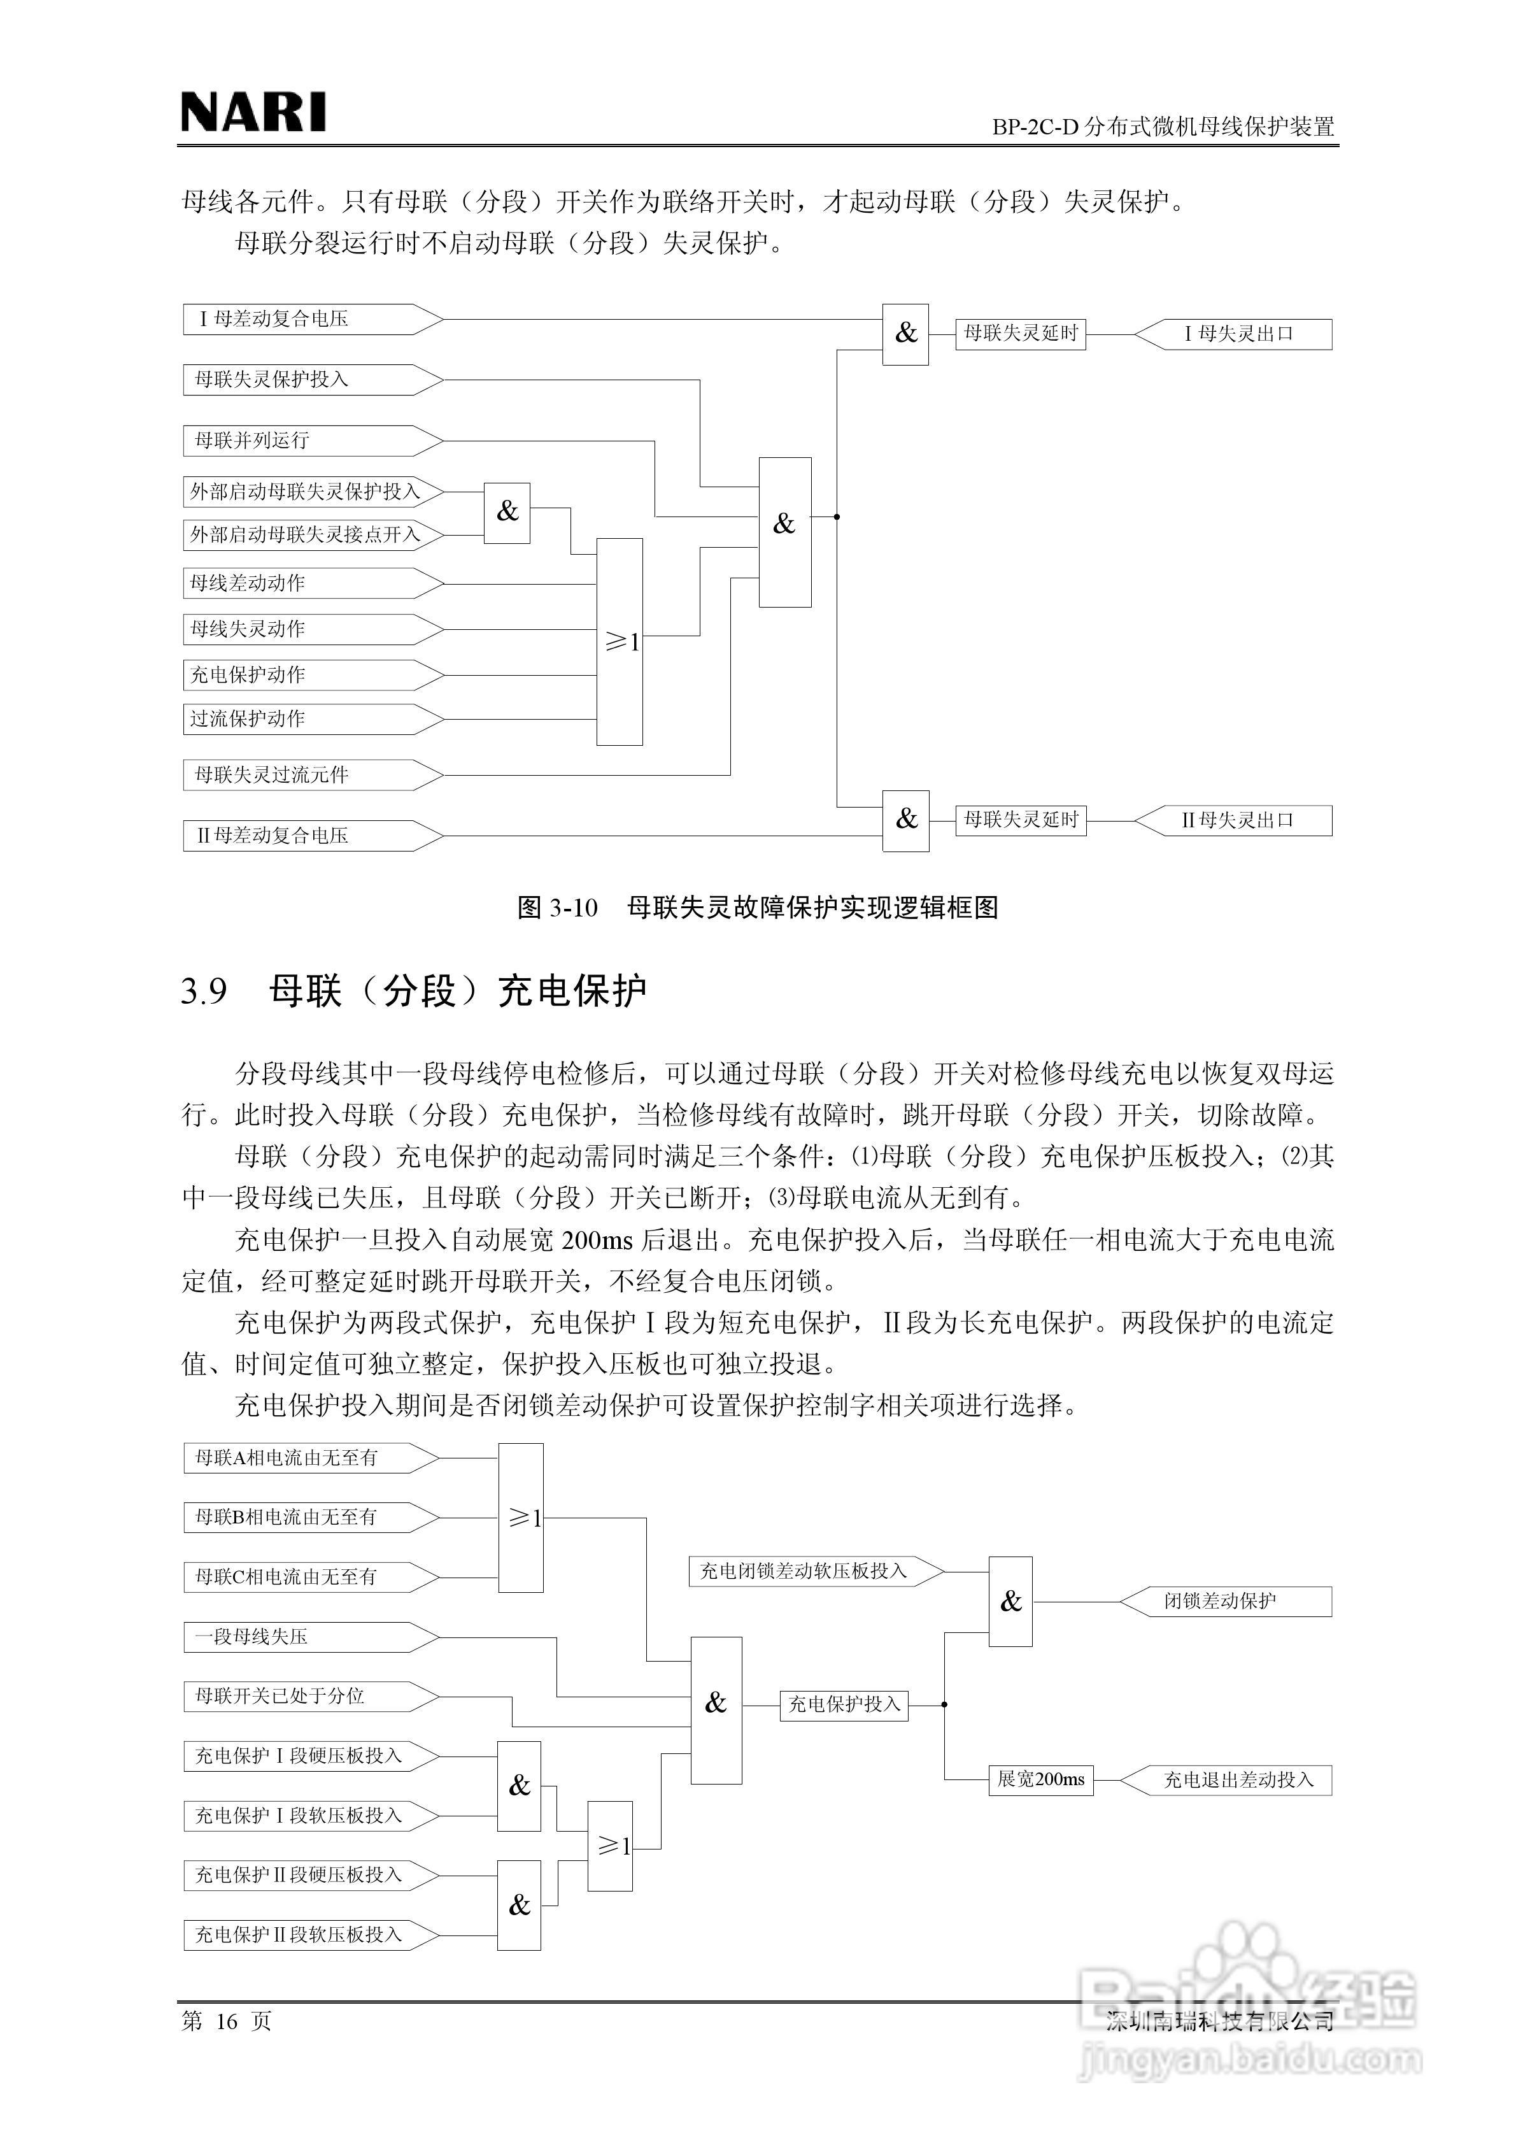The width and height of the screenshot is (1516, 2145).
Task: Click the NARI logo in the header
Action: [253, 112]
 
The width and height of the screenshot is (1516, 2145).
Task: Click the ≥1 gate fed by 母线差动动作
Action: [620, 642]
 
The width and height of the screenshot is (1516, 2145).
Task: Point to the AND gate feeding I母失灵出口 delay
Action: [905, 334]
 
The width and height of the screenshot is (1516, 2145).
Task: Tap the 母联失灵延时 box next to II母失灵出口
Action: [1020, 820]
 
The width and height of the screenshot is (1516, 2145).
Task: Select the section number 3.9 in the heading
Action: [204, 991]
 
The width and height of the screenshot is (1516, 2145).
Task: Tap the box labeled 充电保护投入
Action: [844, 1704]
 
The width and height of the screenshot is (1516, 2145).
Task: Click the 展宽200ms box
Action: [1040, 1779]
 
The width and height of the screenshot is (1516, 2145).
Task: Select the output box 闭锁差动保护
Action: [1224, 1601]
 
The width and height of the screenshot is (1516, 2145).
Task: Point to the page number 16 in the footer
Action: [227, 2021]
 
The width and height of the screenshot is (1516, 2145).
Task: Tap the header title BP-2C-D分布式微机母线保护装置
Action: [1163, 126]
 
